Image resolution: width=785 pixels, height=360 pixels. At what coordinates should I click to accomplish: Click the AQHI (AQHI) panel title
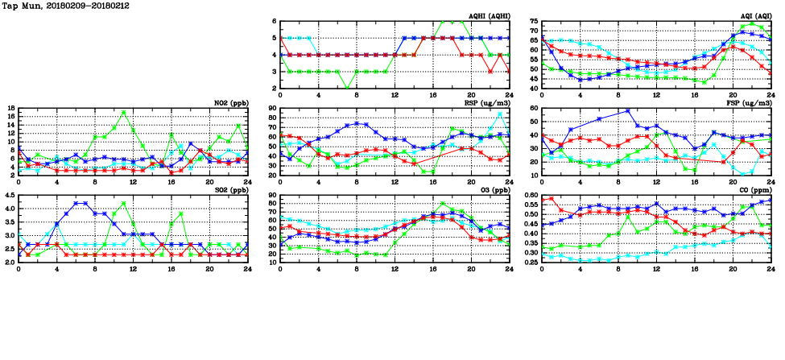(x=489, y=16)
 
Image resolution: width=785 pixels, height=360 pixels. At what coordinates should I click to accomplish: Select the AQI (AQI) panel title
(x=754, y=16)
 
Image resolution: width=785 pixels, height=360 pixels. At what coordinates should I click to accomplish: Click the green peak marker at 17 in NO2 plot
(x=123, y=113)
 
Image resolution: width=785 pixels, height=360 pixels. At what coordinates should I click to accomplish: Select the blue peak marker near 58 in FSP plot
(x=628, y=110)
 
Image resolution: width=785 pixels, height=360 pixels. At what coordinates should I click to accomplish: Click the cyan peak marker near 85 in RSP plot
(x=499, y=114)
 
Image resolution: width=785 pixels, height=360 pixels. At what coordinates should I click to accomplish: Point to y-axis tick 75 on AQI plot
(x=532, y=21)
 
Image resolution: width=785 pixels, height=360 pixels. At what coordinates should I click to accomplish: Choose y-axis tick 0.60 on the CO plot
(x=530, y=195)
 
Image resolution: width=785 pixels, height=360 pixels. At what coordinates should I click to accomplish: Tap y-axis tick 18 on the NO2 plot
(x=10, y=108)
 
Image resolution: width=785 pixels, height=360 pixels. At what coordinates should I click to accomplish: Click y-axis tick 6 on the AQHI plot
(x=274, y=21)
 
